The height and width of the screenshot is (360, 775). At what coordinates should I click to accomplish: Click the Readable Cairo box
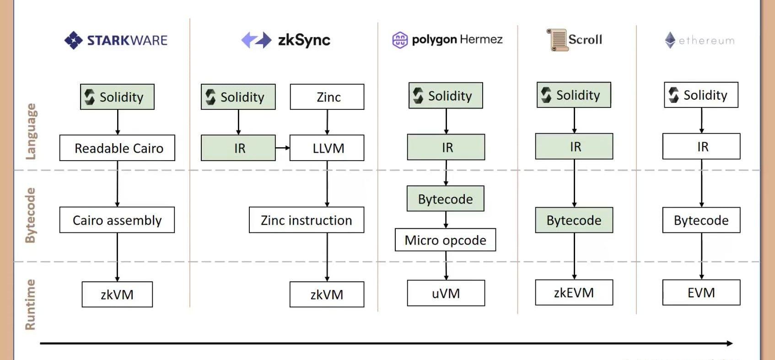point(117,148)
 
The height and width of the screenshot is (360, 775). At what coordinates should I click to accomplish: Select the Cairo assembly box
point(117,220)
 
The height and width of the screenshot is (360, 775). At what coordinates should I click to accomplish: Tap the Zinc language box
point(327,97)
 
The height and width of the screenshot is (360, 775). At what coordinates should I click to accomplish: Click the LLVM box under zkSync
point(327,148)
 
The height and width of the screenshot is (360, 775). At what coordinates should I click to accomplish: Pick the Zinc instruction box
point(307,220)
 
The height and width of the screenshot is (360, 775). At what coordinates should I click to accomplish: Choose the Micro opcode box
point(445,240)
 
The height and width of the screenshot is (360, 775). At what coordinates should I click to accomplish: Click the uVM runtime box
point(446,293)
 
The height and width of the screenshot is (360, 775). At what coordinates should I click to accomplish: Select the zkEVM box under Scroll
point(574,292)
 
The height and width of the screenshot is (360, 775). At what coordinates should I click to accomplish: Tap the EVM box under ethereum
point(701,292)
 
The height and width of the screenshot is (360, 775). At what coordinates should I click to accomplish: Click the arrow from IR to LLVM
point(283,148)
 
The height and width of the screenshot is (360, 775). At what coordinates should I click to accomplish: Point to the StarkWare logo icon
point(73,40)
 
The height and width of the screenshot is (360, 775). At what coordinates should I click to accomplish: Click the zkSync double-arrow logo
point(256,40)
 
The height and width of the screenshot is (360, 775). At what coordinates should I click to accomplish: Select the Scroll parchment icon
point(557,40)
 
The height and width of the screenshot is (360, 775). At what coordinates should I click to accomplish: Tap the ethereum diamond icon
point(670,40)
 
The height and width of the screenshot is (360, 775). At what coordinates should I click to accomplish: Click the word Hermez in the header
point(481,39)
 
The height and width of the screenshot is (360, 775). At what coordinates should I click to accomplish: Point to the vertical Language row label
point(30,131)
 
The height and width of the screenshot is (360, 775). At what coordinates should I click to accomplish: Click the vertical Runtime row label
point(30,304)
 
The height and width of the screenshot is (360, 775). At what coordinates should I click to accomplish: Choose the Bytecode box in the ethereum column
point(701,220)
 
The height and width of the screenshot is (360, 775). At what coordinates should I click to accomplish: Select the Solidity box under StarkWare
point(117,97)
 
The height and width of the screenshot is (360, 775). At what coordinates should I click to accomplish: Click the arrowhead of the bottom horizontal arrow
point(730,343)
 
